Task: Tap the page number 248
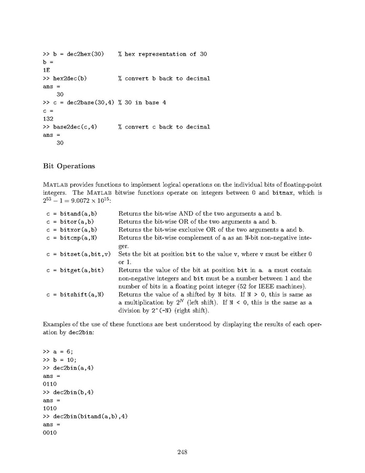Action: click(182, 451)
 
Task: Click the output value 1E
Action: click(46, 71)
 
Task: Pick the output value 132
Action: click(48, 119)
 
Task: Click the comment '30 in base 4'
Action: click(142, 103)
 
